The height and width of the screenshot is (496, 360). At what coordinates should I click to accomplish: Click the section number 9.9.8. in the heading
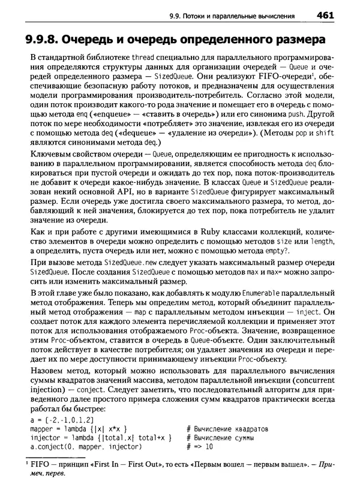(x=41, y=40)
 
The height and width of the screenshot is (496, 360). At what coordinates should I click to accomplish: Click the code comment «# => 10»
(x=200, y=447)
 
